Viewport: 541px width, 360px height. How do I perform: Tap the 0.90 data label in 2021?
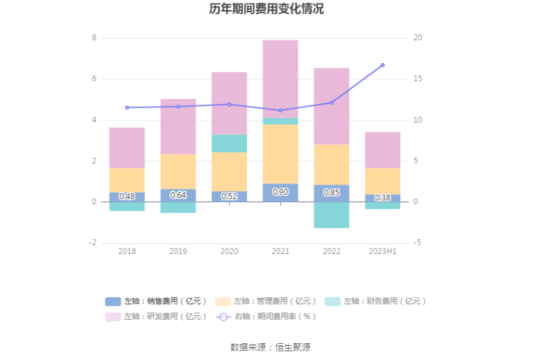click(x=280, y=192)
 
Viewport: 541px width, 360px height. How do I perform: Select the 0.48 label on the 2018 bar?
click(x=127, y=197)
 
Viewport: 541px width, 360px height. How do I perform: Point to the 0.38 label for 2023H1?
click(x=382, y=197)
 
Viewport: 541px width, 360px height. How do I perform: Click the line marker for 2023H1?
click(x=382, y=65)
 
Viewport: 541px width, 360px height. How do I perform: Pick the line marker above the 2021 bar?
click(x=280, y=110)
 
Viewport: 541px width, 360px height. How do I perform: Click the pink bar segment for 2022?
click(x=331, y=106)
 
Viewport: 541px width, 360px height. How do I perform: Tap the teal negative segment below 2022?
click(x=331, y=215)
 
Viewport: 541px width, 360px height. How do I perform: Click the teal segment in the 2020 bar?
click(x=229, y=143)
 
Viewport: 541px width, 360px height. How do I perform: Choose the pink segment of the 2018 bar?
click(x=127, y=148)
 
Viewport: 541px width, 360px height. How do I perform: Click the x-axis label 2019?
click(x=178, y=251)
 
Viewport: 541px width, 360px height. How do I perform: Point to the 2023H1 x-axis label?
click(x=382, y=251)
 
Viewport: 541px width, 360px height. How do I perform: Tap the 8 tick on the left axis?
click(x=94, y=38)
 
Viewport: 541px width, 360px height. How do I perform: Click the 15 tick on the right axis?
click(x=417, y=79)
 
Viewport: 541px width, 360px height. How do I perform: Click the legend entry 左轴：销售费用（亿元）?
click(x=157, y=302)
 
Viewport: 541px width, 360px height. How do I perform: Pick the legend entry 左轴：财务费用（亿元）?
click(x=376, y=302)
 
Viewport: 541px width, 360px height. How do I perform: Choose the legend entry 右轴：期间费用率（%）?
click(x=267, y=316)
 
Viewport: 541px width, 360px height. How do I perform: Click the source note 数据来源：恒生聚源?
click(x=270, y=347)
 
